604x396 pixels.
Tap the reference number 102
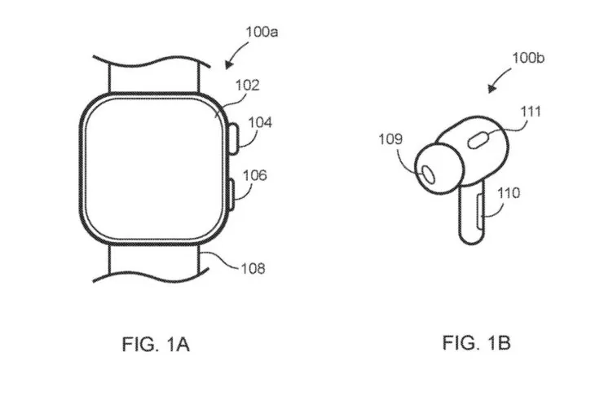249,84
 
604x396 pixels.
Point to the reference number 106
254,175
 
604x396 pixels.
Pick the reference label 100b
529,59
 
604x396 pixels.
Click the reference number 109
390,139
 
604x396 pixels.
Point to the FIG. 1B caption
477,343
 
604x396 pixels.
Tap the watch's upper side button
232,136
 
